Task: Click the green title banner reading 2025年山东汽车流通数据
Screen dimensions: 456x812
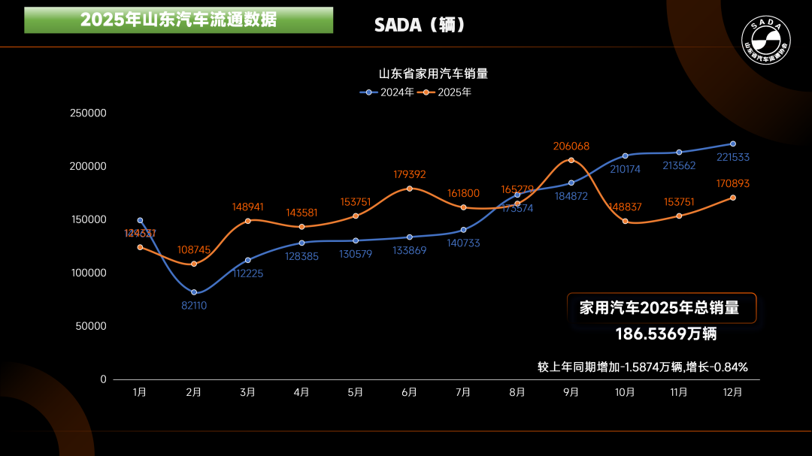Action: point(178,20)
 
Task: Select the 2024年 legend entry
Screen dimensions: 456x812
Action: point(388,92)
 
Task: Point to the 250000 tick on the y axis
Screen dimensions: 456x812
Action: point(89,113)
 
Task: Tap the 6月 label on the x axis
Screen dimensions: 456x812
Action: point(410,392)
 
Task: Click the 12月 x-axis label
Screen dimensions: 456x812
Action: point(732,392)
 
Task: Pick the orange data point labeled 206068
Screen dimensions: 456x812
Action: point(571,160)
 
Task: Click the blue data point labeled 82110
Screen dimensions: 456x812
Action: point(194,292)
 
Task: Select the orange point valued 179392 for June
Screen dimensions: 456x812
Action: point(410,189)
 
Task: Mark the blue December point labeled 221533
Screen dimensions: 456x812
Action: point(733,143)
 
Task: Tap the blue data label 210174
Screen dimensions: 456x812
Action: point(625,169)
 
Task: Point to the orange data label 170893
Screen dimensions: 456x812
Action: point(733,183)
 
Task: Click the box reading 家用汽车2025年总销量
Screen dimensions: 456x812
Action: point(659,308)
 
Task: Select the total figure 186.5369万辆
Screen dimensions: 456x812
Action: point(666,334)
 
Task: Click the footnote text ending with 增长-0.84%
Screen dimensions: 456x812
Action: point(642,367)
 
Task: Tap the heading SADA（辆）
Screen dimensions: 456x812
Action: point(420,25)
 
